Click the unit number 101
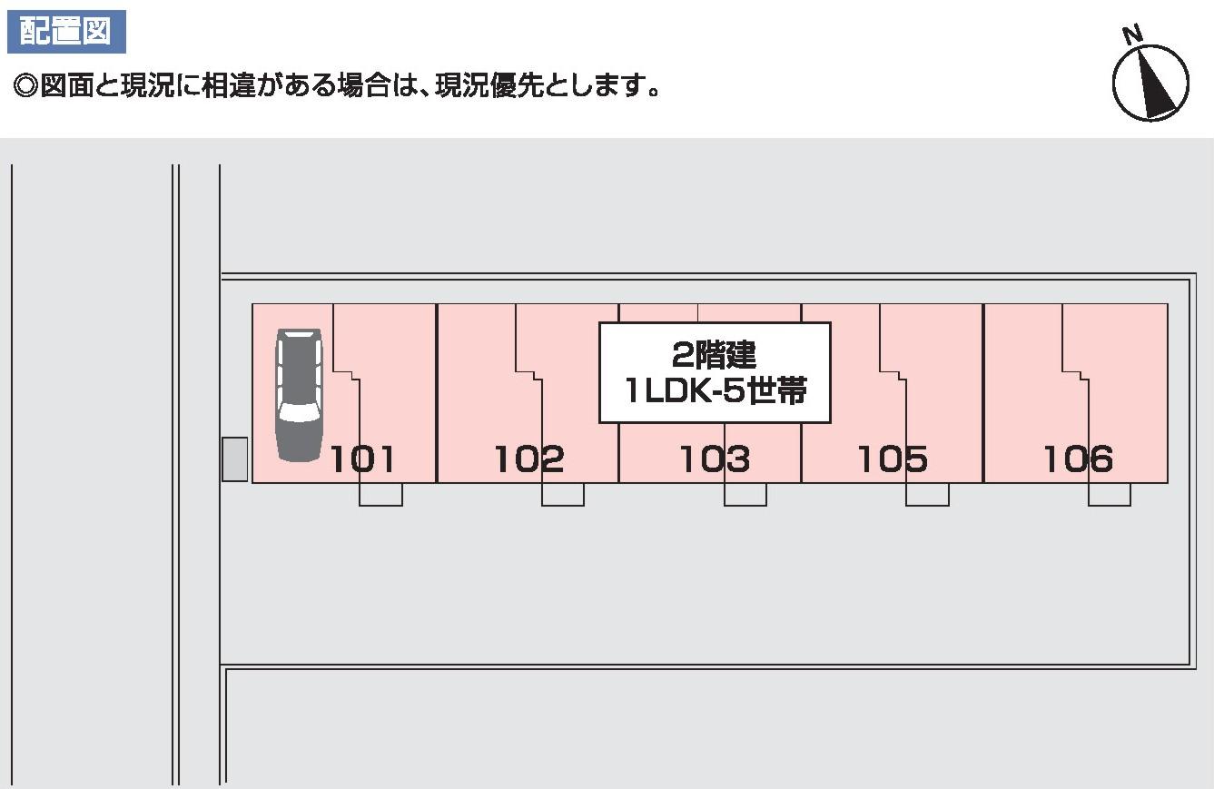362,459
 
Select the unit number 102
528,459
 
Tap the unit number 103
715,459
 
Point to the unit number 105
893,459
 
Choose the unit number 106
1078,459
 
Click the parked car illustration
299,395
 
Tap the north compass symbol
1150,83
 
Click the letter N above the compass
1131,36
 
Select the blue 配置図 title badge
65,31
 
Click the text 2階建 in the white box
715,352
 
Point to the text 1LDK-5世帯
715,392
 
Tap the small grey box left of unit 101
235,459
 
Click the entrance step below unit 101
380,494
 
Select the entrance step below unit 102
563,494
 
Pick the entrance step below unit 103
745,494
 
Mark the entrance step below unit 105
927,494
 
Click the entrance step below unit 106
1110,494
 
